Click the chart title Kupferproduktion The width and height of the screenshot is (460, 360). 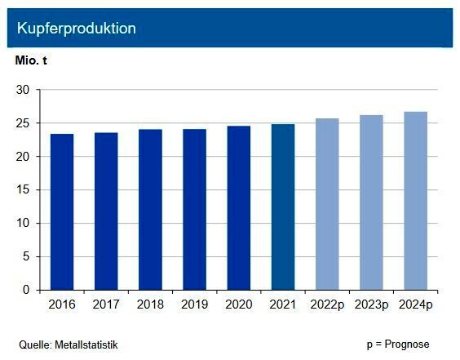[77, 29]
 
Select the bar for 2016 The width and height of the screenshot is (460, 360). [62, 211]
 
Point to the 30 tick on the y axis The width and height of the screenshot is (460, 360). [23, 90]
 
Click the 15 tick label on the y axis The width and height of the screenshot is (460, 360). [23, 189]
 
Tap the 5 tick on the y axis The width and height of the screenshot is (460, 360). [26, 256]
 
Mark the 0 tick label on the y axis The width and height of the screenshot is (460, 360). [26, 290]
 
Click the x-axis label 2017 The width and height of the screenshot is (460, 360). [106, 305]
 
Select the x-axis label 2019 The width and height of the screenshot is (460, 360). [194, 305]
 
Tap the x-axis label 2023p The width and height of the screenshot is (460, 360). [371, 305]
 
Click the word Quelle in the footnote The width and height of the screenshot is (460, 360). [34, 344]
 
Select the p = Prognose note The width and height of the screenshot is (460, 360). [398, 344]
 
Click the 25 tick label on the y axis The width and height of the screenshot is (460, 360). [23, 123]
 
